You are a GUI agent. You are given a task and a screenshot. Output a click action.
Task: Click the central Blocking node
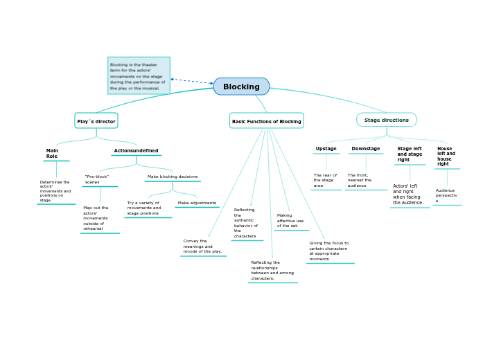point(241,87)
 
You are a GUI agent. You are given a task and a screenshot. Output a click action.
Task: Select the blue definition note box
point(139,75)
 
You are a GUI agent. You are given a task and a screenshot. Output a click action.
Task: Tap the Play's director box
point(96,121)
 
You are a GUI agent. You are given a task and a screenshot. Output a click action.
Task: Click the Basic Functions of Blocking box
point(266,121)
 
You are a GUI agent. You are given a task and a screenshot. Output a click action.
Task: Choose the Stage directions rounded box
point(386,120)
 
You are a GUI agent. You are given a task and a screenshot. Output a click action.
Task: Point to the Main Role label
point(52,154)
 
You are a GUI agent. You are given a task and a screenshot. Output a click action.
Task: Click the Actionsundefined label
point(136,151)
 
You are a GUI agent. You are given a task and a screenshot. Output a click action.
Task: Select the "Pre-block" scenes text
point(97,179)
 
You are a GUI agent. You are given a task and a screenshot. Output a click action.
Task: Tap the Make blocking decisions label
point(173,177)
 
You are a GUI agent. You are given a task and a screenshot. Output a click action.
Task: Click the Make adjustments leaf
point(197,203)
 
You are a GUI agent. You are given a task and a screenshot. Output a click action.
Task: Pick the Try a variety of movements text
point(144,208)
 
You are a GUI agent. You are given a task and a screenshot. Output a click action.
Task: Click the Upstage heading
point(326,149)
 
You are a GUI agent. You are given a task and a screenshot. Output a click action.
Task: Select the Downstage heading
point(365,149)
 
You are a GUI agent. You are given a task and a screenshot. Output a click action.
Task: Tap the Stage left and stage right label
point(409,154)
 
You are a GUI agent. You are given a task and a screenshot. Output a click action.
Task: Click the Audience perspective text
point(446,195)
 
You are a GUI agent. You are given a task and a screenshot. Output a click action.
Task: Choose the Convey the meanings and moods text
point(202,246)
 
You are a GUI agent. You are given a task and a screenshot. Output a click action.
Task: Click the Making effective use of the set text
point(290,220)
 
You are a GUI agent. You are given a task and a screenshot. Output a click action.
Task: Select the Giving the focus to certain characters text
point(328,251)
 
